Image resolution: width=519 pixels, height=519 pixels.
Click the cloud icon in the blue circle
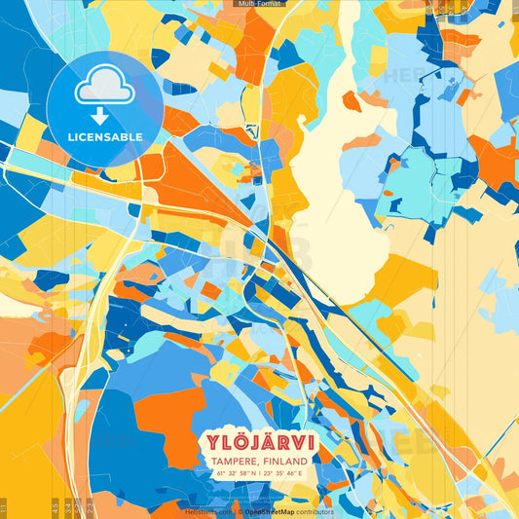click(105, 90)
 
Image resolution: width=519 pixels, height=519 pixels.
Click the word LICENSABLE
click(105, 137)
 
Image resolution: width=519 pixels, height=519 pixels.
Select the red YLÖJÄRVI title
click(259, 441)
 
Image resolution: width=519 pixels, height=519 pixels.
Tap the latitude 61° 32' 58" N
click(234, 472)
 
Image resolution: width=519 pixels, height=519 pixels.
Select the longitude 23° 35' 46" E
click(283, 472)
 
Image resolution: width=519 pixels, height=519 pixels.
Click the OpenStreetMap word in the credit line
click(271, 511)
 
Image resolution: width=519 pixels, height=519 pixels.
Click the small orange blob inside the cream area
click(351, 100)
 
